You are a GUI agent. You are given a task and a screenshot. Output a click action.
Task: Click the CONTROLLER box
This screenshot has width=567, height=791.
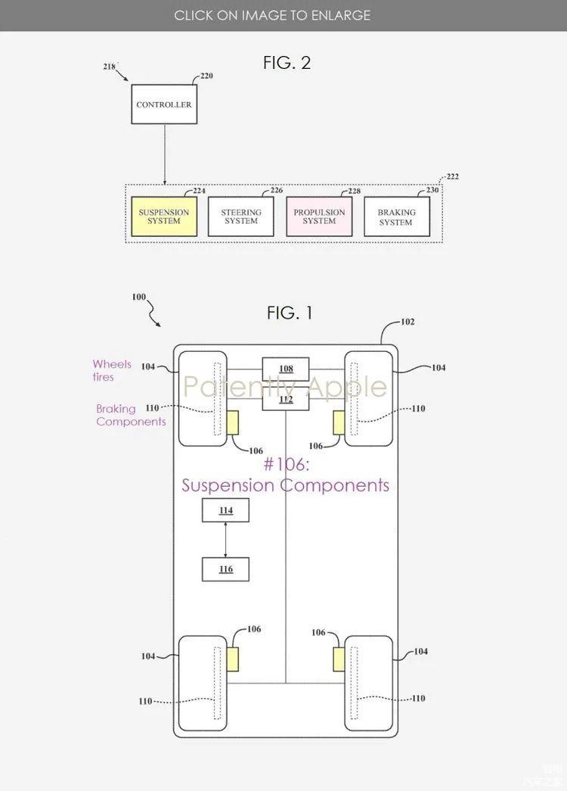pos(164,104)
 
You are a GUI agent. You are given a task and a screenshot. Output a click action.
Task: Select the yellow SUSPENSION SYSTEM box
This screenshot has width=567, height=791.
pos(164,216)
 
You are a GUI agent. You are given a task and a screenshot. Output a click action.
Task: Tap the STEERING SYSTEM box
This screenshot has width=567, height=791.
pos(241,216)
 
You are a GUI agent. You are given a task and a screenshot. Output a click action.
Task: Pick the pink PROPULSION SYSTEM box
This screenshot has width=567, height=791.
pos(319,216)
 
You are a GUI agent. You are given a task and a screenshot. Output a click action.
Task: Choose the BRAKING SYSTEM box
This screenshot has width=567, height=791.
pos(397,216)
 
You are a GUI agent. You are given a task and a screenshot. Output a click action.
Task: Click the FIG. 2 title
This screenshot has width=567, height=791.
pos(287,63)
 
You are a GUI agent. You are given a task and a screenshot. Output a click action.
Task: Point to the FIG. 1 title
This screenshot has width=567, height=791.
pos(290,313)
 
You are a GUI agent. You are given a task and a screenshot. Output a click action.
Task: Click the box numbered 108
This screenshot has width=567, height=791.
pos(286,369)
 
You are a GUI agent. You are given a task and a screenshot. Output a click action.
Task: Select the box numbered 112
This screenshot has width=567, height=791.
pos(286,399)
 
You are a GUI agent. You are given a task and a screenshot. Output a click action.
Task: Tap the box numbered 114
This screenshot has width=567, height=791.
pos(226,510)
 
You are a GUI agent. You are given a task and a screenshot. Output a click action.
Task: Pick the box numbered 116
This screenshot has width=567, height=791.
pos(226,569)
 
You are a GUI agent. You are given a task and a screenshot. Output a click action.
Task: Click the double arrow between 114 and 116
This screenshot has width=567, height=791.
pos(225,540)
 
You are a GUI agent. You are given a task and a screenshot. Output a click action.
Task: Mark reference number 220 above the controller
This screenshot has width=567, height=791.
pos(206,76)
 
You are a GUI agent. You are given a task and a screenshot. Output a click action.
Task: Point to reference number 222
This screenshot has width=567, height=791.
pos(453,176)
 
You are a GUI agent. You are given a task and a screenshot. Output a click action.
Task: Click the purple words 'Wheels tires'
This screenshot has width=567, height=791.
pos(111,370)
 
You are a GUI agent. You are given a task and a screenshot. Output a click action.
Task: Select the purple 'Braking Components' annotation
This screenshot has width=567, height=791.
pos(131,415)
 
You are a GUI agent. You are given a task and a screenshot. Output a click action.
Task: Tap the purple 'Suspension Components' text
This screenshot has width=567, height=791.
pos(285,485)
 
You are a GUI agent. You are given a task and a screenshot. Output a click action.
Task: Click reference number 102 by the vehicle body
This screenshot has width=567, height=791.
pos(407,322)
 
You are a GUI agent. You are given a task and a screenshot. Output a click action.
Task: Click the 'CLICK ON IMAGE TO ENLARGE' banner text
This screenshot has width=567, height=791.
pos(272,15)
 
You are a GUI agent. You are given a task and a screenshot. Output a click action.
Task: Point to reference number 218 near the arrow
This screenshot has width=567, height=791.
pos(110,66)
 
